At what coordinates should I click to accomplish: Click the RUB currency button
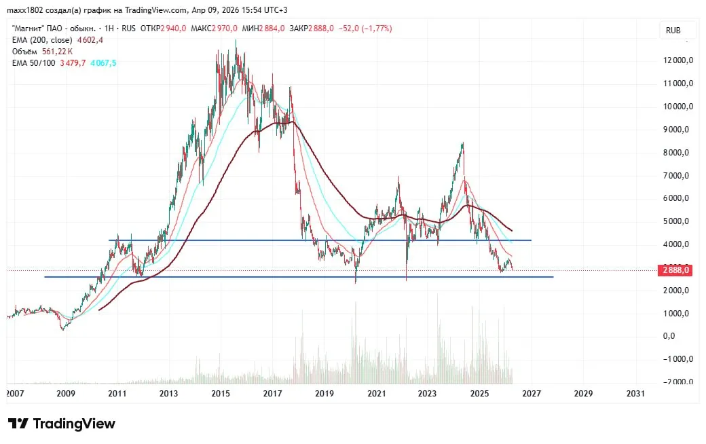tap(673, 30)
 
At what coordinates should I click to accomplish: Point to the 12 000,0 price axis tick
tap(677, 60)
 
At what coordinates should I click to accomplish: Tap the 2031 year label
tap(635, 394)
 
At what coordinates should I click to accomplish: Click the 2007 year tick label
tap(14, 394)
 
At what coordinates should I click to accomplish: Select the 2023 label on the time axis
tap(428, 394)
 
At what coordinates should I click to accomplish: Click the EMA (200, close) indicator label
tap(42, 40)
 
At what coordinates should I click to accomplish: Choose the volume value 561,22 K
tap(57, 51)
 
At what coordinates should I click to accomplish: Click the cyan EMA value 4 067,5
tap(103, 62)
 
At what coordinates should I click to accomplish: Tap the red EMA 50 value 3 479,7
tap(73, 62)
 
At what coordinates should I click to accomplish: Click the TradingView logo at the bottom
tap(62, 424)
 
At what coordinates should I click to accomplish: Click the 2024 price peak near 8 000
tap(462, 144)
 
